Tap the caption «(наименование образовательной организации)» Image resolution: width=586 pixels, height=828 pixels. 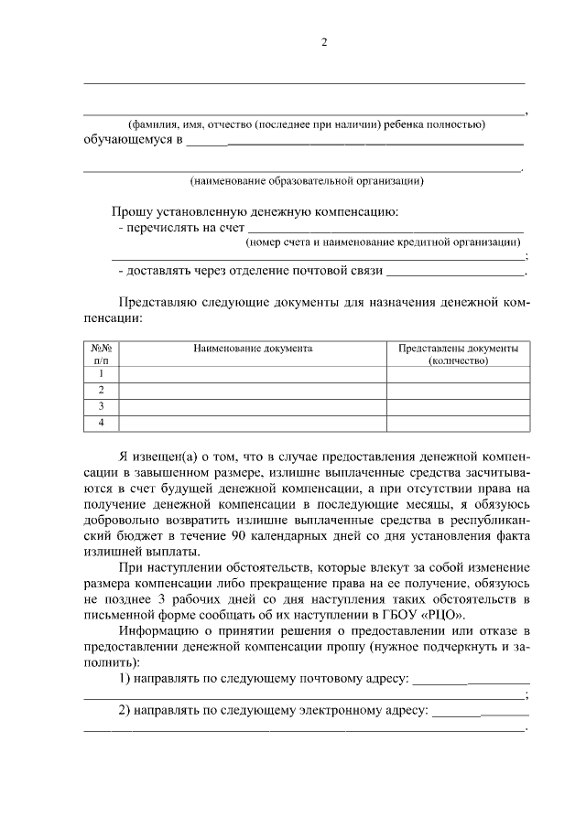[x=306, y=180]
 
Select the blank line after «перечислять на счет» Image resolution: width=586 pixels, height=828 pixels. [x=385, y=226]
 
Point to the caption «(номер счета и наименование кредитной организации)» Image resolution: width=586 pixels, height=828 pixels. [x=383, y=242]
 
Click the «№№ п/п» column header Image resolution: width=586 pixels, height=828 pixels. [x=101, y=355]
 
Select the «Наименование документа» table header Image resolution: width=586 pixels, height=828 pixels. [x=253, y=349]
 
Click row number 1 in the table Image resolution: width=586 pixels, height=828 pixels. [x=101, y=373]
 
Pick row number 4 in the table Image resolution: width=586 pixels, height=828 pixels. [x=101, y=422]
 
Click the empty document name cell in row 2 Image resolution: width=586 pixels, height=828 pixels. [x=253, y=390]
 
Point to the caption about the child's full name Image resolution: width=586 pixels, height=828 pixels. [x=306, y=124]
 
